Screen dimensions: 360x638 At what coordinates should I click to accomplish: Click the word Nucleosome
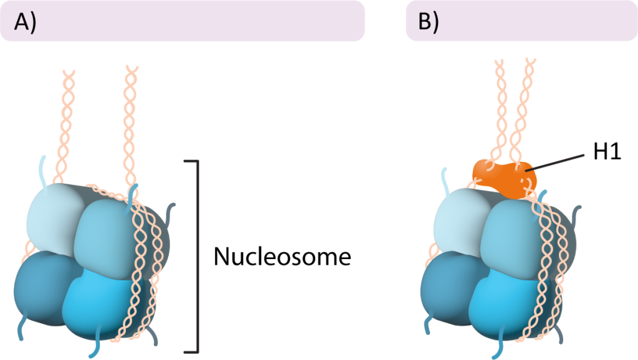point(282,257)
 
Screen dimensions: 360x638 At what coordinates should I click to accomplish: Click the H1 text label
point(607,151)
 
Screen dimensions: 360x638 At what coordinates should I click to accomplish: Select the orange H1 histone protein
point(503,178)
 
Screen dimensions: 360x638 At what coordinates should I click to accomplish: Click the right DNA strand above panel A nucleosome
point(130,118)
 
